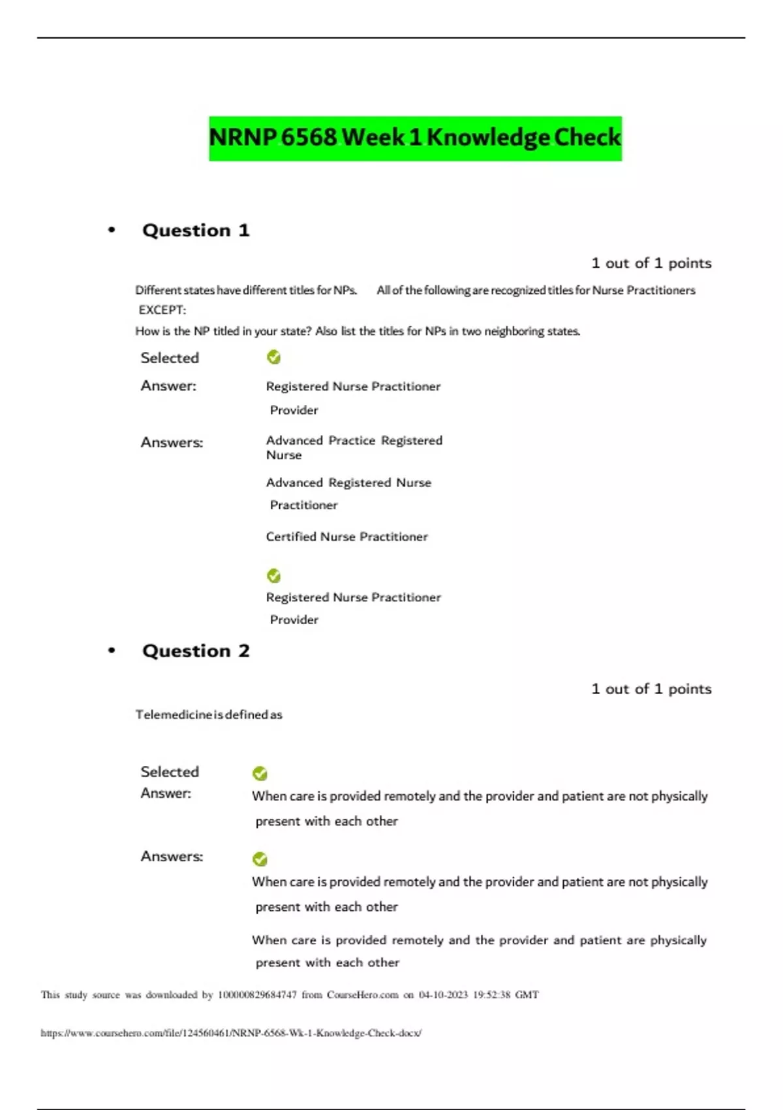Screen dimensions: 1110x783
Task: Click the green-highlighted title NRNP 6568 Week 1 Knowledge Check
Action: click(415, 138)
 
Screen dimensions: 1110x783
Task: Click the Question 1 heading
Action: click(196, 230)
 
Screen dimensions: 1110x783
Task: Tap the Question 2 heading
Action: click(196, 651)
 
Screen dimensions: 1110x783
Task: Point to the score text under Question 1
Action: click(651, 263)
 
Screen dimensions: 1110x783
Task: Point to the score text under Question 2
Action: click(651, 689)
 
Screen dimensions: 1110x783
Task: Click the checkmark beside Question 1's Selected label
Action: click(274, 357)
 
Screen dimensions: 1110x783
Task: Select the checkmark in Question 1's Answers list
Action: click(274, 576)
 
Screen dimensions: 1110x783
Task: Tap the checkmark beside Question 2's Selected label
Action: click(260, 774)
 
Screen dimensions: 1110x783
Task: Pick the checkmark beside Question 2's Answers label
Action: click(260, 859)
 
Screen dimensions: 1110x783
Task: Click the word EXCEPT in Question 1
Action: click(162, 310)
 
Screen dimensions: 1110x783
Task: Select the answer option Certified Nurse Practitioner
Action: click(346, 537)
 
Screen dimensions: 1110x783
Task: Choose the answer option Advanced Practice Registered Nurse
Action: click(354, 447)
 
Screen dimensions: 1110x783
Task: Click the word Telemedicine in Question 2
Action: click(173, 715)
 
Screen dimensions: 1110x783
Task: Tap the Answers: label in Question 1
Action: click(172, 443)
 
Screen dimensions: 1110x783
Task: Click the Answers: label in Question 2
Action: click(172, 857)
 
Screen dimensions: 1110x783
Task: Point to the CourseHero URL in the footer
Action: click(231, 1033)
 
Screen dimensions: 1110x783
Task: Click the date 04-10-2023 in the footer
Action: click(443, 995)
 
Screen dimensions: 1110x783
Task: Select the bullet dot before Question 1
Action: click(112, 230)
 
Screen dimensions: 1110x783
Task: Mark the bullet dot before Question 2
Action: click(112, 650)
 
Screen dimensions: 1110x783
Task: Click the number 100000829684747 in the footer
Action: click(257, 995)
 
